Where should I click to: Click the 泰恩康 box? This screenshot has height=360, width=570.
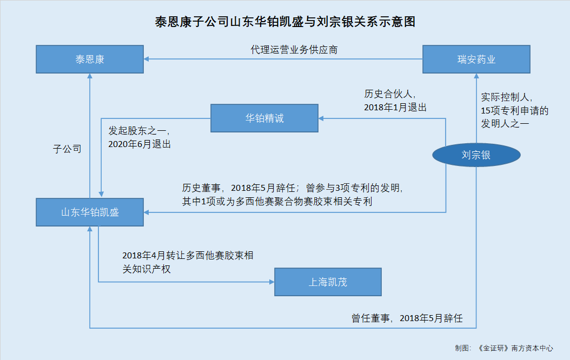tap(90, 59)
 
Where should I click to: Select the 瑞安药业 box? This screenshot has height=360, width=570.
tap(476, 59)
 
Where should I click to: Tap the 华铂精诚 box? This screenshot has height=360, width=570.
tap(264, 118)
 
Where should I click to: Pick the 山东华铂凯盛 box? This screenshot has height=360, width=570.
tap(90, 212)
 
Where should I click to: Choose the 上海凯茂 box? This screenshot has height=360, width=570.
tap(328, 282)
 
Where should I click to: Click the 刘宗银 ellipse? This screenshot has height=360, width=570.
tap(476, 155)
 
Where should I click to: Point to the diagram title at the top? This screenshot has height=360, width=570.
tap(285, 22)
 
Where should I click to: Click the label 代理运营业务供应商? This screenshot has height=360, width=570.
tap(294, 50)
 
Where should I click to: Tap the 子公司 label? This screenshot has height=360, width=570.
tap(67, 149)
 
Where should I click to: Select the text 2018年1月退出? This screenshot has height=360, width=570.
tap(395, 108)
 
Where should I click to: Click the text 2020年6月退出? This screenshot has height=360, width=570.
tap(140, 144)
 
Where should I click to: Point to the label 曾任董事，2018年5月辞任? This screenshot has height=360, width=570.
tap(407, 318)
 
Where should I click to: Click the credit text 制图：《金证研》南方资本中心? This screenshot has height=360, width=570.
tap(504, 348)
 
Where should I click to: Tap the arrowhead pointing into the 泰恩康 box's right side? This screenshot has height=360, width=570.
tap(146, 59)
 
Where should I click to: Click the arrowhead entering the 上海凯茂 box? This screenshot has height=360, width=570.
tap(271, 282)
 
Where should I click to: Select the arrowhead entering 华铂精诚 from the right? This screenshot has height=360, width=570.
tap(321, 118)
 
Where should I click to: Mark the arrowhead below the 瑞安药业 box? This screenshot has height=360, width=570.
tap(476, 76)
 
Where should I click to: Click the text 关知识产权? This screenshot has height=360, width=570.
tap(147, 269)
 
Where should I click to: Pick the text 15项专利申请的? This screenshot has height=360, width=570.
tap(515, 111)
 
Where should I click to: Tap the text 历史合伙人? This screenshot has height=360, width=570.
tap(388, 94)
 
